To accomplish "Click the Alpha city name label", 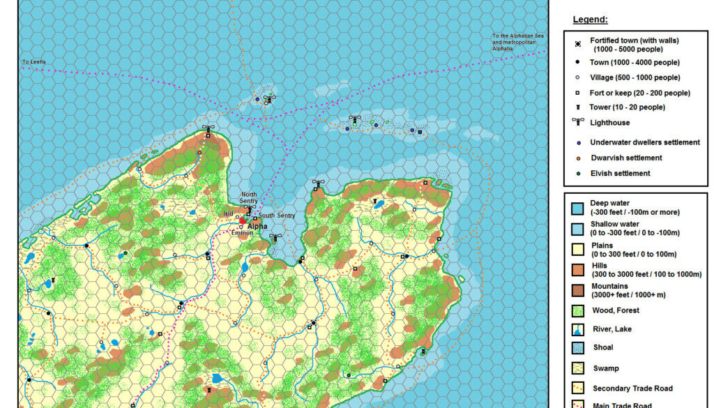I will coord(257,226).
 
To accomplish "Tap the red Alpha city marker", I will coord(243,221).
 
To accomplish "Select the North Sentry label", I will coord(249,198).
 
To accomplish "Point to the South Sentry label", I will coord(277,216).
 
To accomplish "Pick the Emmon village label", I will coord(242,233).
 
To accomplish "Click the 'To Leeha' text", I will coord(33,62).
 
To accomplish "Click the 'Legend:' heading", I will coord(590,20).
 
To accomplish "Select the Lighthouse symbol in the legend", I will coord(578,122).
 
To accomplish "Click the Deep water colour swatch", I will coord(577,208).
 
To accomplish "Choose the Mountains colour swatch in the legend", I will coord(577,290).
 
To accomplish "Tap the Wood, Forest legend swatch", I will coord(577,310).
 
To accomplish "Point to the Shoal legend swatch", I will coord(577,347).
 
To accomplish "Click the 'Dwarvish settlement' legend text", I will coord(625,158).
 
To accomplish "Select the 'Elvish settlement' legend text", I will coord(620,173).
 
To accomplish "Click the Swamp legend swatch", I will coord(577,368).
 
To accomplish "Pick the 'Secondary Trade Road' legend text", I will coord(632,388).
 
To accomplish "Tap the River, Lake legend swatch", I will coord(577,328).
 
